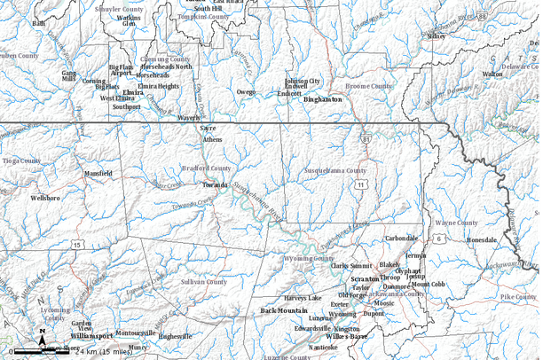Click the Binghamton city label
click(322, 100)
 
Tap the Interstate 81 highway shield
click(366, 139)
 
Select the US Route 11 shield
click(360, 184)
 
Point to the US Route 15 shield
click(78, 244)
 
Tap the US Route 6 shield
click(438, 239)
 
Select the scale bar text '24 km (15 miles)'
click(104, 352)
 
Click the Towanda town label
click(215, 185)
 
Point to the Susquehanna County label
click(334, 170)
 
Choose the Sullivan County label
click(204, 281)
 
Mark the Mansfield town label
click(98, 174)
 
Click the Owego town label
click(246, 91)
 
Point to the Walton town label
click(492, 74)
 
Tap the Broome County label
click(368, 86)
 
